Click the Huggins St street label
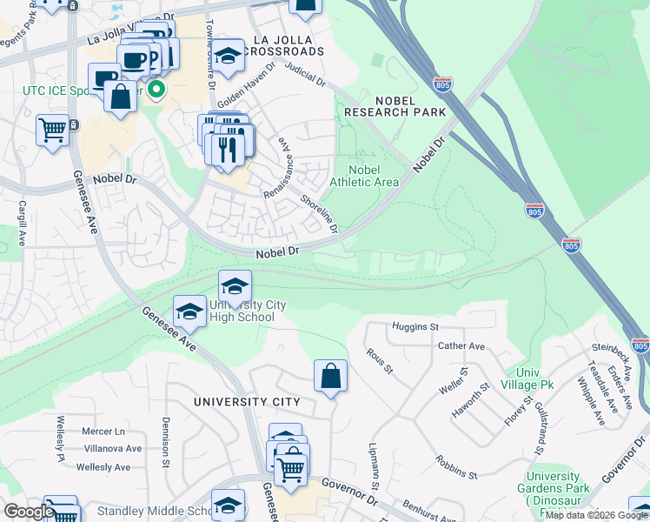pos(415,326)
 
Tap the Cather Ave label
pos(461,345)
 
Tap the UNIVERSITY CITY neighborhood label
pos(247,402)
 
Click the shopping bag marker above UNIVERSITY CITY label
pos(330,377)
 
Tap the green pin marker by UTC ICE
pos(157,90)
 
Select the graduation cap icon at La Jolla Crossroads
pos(229,57)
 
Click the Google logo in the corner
pos(29,512)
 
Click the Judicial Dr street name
pos(304,77)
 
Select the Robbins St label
pos(456,468)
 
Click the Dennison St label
pos(165,443)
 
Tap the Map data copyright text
pos(596,515)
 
